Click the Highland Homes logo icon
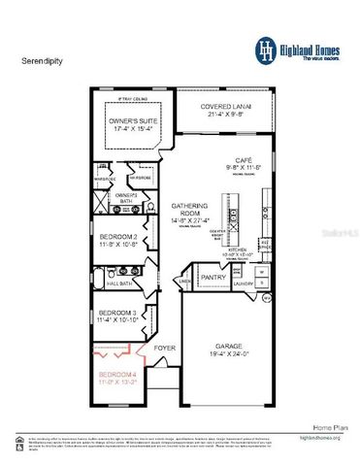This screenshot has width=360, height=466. pos(266,48)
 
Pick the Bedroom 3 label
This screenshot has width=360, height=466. pos(117,313)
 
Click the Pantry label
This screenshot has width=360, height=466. pos(213,277)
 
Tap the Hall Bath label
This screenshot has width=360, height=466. pos(119,283)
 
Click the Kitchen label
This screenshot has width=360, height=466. pos(239,249)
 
